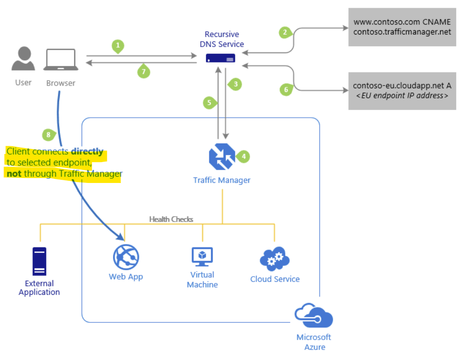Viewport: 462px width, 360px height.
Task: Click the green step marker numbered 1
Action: [118, 46]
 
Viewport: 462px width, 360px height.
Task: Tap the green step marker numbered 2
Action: [285, 32]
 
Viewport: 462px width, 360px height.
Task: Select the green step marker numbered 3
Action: [235, 84]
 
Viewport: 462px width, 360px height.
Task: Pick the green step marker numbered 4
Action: [244, 156]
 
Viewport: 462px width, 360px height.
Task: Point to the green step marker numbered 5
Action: [209, 103]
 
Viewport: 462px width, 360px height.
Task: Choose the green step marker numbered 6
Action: [286, 90]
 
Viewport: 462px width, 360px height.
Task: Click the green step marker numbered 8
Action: [48, 134]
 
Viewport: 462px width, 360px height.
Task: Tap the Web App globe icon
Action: [125, 257]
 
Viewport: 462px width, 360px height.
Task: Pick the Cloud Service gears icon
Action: [274, 259]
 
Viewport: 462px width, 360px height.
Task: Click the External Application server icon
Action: [39, 261]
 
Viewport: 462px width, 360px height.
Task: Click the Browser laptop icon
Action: [61, 60]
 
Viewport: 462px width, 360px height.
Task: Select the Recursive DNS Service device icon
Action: [221, 58]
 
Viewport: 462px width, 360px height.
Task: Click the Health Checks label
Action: [171, 219]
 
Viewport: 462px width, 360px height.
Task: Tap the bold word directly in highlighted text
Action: [87, 151]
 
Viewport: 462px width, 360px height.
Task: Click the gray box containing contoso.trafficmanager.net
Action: [402, 27]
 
